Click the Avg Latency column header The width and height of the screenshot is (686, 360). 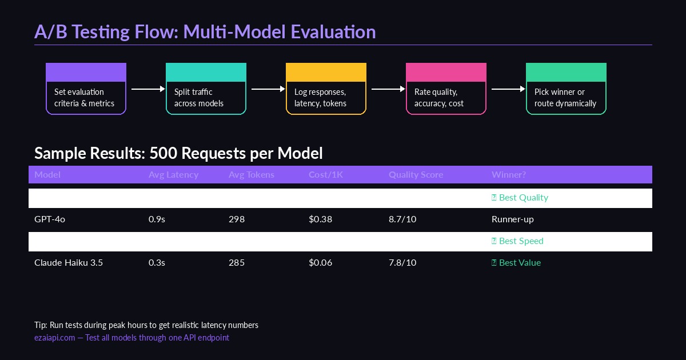click(x=173, y=175)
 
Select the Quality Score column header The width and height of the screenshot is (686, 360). click(x=416, y=175)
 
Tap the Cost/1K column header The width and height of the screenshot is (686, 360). click(x=325, y=175)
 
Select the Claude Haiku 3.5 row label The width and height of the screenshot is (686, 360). click(x=69, y=263)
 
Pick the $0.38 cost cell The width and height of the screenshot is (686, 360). click(x=320, y=219)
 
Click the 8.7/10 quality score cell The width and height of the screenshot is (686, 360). click(x=402, y=219)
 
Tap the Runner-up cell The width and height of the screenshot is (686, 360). click(x=512, y=219)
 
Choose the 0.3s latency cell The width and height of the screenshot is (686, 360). click(x=157, y=263)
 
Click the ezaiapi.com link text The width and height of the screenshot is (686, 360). click(x=54, y=338)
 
